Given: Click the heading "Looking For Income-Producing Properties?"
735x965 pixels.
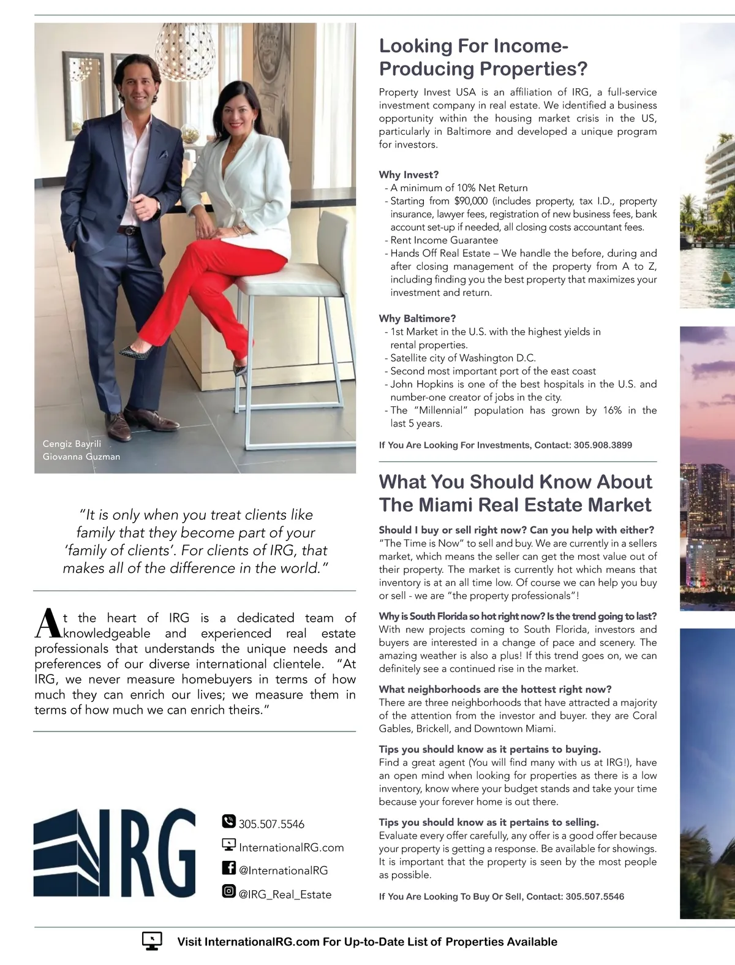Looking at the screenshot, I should (483, 57).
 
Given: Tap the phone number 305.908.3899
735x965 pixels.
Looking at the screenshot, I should (603, 445).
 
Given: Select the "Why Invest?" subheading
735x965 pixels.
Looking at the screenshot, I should (409, 175).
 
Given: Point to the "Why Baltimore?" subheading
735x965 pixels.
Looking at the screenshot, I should (417, 319).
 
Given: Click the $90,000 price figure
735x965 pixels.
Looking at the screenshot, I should (470, 201).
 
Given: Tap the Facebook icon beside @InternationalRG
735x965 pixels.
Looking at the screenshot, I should (228, 868).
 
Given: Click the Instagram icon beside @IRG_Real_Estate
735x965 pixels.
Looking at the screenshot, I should (228, 891).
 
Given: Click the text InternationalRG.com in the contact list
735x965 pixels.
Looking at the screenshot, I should (291, 847).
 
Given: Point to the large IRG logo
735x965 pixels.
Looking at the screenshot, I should (115, 852).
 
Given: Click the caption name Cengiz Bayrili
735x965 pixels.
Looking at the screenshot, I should (72, 444).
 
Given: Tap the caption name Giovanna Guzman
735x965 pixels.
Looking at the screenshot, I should (81, 456).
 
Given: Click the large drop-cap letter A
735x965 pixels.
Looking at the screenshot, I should (47, 624).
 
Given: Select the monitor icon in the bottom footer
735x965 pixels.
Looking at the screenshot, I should (152, 940).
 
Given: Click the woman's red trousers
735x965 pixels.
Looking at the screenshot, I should (202, 282).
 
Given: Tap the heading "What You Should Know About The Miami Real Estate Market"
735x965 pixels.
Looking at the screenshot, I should (515, 493).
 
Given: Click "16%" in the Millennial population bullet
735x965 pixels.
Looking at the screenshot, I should (612, 411).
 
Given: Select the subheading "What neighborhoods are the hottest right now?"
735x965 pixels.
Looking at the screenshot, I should (495, 689).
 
